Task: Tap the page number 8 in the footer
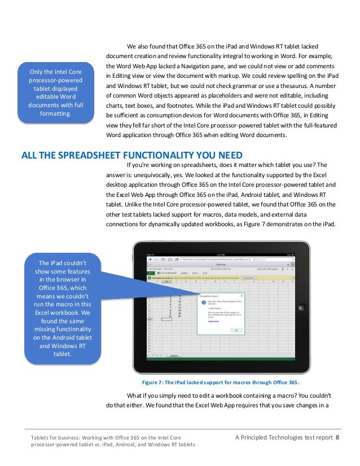click(337, 437)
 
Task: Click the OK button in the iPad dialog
click(235, 330)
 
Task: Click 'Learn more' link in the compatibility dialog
click(214, 320)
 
